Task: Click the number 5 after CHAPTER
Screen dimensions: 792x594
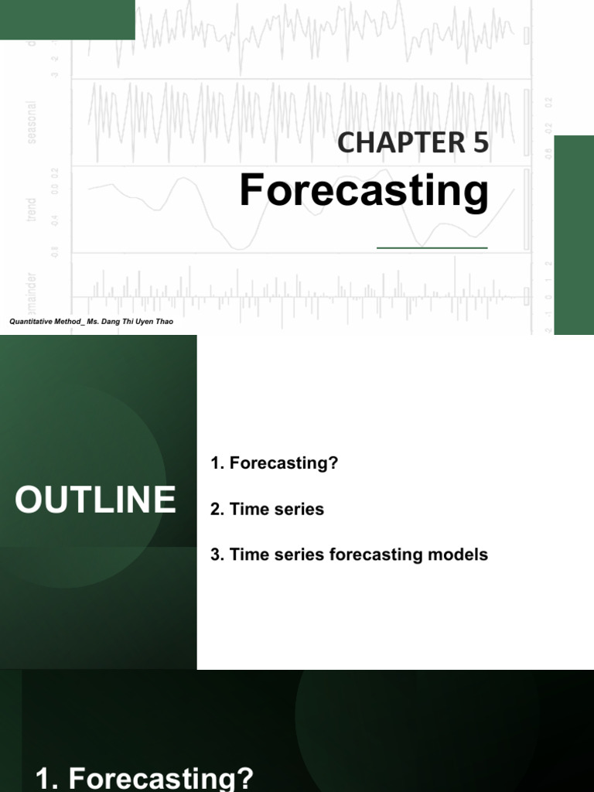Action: tap(481, 144)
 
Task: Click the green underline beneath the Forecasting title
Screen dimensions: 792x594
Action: tap(432, 247)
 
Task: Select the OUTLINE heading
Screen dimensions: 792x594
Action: tap(95, 500)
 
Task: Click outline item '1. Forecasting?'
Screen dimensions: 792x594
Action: tap(275, 463)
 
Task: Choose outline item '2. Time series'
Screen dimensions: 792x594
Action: tap(267, 509)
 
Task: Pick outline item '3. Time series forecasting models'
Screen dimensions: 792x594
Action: tap(349, 555)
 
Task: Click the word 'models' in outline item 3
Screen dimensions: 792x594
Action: tap(462, 555)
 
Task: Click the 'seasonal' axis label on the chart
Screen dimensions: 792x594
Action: tap(32, 115)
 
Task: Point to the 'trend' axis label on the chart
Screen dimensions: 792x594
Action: tap(32, 210)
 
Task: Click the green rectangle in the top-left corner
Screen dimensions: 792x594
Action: tap(67, 19)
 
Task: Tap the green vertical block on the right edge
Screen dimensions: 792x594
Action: tap(574, 234)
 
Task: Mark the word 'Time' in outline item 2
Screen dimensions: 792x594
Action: tap(247, 509)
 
